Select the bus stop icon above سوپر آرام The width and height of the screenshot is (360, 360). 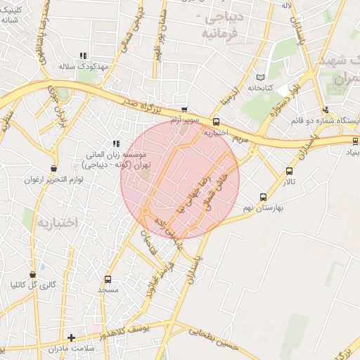pos(184,110)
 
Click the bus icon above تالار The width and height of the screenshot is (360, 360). pos(289,171)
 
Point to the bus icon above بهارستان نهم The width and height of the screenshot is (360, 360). pos(263,198)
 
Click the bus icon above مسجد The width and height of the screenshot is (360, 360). pos(108,278)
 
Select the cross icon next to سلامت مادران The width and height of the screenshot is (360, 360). pos(71,337)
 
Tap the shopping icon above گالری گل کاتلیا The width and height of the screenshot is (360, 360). pos(32,274)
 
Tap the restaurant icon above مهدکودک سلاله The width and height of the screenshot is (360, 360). pos(83,55)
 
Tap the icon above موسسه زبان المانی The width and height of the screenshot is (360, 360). pos(116,143)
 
